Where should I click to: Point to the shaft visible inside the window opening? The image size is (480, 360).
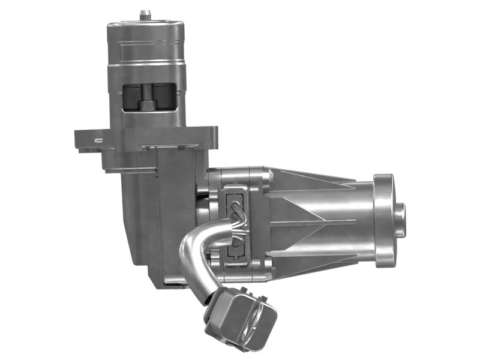pos(146,99)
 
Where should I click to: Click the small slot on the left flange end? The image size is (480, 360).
pos(98,140)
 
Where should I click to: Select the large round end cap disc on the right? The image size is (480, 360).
pos(383,220)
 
